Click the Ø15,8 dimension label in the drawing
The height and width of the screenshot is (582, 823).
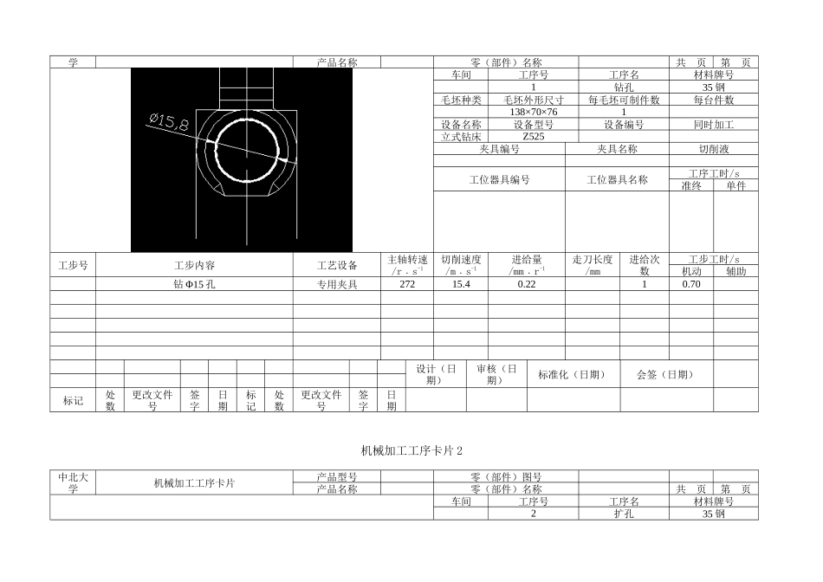click(168, 122)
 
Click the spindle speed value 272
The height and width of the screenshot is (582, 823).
click(406, 284)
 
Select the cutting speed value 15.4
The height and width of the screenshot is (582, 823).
click(460, 284)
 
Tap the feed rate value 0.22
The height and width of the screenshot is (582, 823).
click(526, 284)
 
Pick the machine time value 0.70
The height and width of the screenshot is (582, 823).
click(690, 284)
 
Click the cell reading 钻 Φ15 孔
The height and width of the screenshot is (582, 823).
click(194, 284)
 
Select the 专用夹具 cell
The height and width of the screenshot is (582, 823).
click(336, 284)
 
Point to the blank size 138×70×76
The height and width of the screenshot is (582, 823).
click(533, 113)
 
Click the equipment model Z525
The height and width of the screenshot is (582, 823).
click(533, 137)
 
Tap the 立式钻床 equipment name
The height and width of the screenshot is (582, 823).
click(460, 137)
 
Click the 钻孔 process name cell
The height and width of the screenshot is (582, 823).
click(624, 87)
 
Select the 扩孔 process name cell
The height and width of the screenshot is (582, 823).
click(624, 514)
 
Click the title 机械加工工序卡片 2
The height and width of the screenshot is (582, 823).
click(411, 450)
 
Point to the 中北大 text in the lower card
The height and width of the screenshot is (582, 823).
click(73, 477)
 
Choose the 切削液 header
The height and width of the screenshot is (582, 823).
click(713, 149)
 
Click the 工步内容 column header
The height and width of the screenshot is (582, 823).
click(194, 265)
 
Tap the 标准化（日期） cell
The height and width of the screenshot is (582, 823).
click(573, 374)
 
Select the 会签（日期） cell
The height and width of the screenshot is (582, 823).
click(665, 374)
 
